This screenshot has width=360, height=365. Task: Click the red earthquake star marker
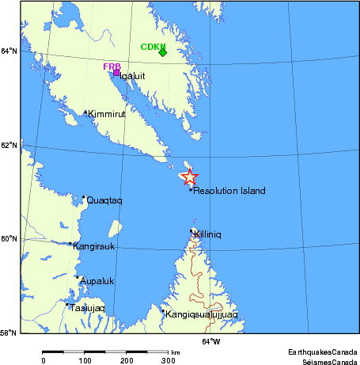coord(189,177)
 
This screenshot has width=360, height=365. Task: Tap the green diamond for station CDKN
coord(162,52)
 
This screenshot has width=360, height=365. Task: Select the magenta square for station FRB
coord(116,73)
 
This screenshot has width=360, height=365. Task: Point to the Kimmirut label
coord(108,115)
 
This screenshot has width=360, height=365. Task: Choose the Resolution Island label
coord(229,191)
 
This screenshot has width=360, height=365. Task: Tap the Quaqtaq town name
coord(104,201)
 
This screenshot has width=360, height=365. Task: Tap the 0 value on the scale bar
coord(44,360)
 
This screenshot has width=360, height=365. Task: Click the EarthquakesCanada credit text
coord(322,349)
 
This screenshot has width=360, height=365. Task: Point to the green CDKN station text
coord(152,46)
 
